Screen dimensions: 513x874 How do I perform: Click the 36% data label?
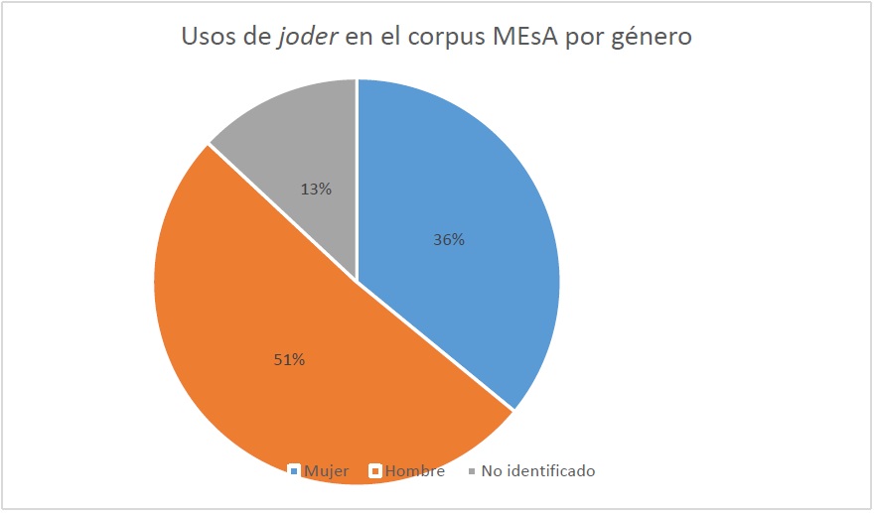(x=449, y=239)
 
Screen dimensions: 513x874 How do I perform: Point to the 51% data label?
(x=289, y=359)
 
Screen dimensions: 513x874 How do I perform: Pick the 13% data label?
(x=316, y=188)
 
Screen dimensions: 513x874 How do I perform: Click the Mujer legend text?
(x=327, y=471)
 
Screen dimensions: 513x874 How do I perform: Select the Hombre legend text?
(x=415, y=471)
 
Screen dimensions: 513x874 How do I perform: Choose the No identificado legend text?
(x=537, y=471)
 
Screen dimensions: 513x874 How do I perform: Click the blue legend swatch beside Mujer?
(x=293, y=471)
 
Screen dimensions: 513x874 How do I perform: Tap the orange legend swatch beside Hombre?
(x=375, y=471)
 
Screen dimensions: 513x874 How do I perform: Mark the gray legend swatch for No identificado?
(x=471, y=471)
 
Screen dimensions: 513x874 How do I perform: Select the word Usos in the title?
(x=208, y=38)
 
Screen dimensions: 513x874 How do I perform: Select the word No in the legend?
(x=491, y=471)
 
